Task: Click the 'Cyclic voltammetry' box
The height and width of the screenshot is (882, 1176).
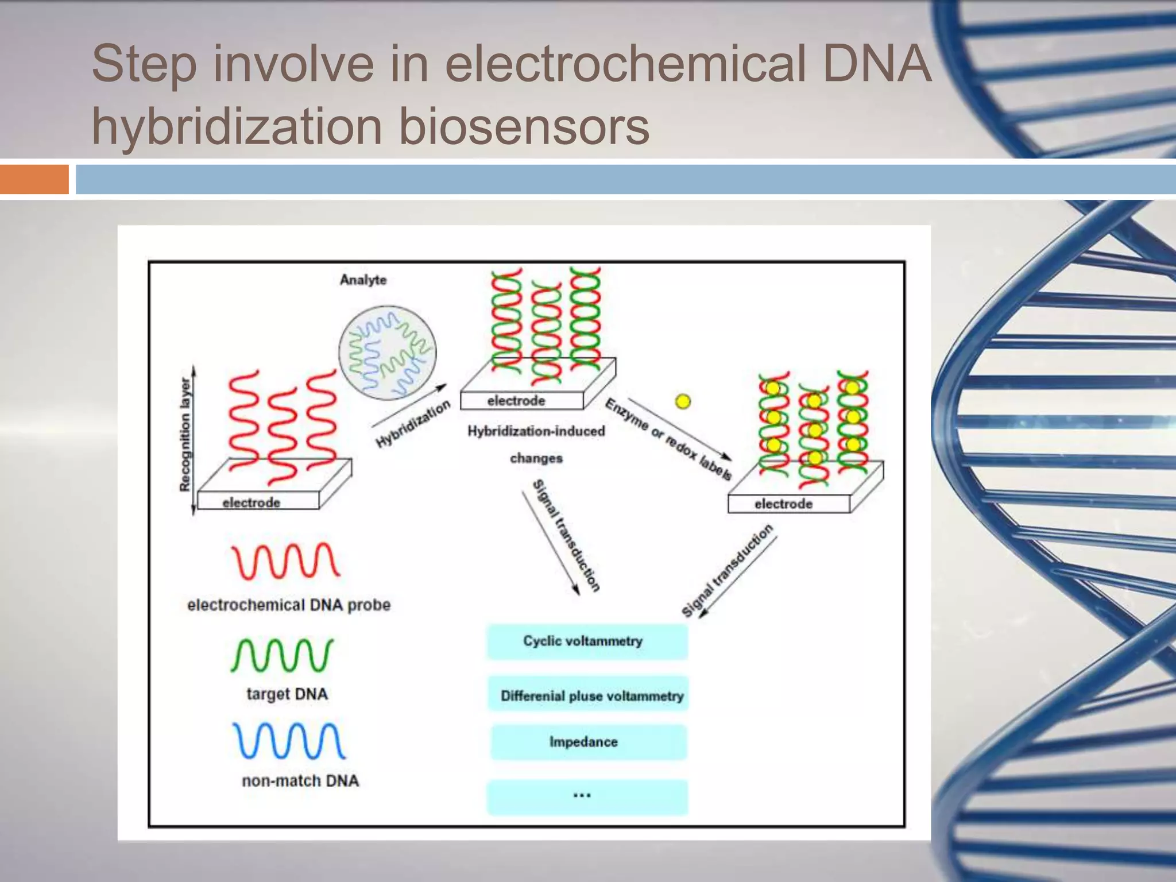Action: [586, 641]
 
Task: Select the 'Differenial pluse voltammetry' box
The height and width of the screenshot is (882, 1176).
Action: [588, 695]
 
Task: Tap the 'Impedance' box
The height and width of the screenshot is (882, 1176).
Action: [587, 742]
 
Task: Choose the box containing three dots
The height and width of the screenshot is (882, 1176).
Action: [586, 796]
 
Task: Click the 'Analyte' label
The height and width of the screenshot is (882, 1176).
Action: [363, 280]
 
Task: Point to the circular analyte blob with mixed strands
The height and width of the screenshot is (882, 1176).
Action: [387, 352]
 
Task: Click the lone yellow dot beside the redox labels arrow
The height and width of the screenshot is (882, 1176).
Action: [683, 401]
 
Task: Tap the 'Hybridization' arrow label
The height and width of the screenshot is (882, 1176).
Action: [413, 424]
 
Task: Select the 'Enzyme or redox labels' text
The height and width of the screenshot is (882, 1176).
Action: [669, 439]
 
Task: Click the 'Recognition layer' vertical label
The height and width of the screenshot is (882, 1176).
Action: [184, 435]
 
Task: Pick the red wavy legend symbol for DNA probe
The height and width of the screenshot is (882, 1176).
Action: [285, 561]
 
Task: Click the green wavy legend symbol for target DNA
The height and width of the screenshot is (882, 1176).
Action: [281, 655]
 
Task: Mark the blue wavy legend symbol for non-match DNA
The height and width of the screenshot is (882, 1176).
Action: [289, 740]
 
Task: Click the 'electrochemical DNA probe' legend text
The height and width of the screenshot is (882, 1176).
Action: [289, 605]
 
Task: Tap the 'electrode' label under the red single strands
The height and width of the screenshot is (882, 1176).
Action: [251, 503]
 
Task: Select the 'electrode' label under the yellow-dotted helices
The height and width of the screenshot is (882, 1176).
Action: [783, 504]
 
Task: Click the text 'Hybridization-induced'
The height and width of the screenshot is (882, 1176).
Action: [536, 431]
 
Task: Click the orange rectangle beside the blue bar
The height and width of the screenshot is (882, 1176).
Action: [34, 179]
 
